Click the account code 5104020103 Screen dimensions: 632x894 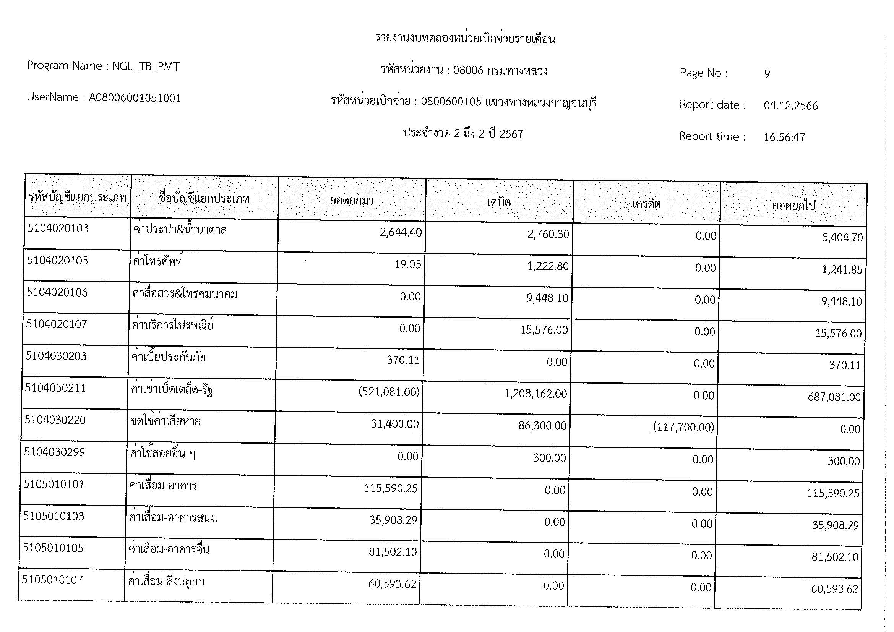click(x=58, y=228)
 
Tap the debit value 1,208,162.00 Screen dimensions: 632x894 click(x=535, y=394)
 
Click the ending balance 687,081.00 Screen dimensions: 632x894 click(x=834, y=397)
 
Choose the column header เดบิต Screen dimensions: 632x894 click(x=499, y=202)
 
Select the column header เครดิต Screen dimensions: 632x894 click(x=646, y=204)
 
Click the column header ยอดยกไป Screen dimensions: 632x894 click(x=794, y=205)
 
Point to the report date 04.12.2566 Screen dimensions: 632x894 click(x=791, y=106)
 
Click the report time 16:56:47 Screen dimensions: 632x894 click(x=784, y=138)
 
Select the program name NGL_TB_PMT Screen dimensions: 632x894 click(x=146, y=66)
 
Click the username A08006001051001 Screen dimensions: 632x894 click(x=135, y=98)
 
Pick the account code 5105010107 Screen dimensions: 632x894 click(x=53, y=580)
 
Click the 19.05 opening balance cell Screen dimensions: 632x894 click(x=408, y=265)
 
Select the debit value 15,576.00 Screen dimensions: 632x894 click(x=544, y=330)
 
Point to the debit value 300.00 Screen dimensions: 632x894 click(x=549, y=458)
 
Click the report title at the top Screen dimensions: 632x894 click(x=465, y=39)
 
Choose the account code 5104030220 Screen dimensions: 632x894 click(x=55, y=420)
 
